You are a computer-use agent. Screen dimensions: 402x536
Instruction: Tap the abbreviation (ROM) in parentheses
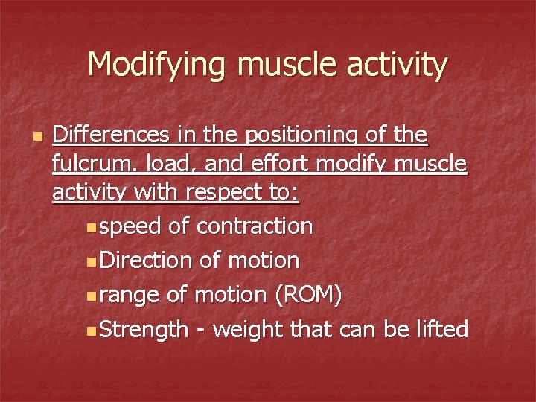click(308, 296)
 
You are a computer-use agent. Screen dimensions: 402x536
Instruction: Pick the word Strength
click(144, 330)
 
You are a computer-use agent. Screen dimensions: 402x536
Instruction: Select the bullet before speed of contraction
click(90, 227)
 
